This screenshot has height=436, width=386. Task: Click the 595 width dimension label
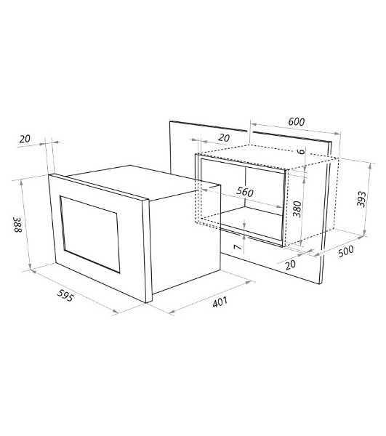[65, 295]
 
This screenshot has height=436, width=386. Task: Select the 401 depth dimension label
[220, 302]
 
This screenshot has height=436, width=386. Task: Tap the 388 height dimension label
[17, 225]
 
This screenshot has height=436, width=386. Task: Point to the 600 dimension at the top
[297, 121]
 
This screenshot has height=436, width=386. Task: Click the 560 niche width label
[245, 192]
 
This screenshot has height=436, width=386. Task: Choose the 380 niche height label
[297, 209]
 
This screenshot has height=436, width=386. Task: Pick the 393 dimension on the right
[361, 198]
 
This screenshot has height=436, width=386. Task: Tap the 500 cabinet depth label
[346, 251]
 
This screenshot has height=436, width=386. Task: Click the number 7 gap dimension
[237, 246]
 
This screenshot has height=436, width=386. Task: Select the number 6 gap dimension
[301, 151]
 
